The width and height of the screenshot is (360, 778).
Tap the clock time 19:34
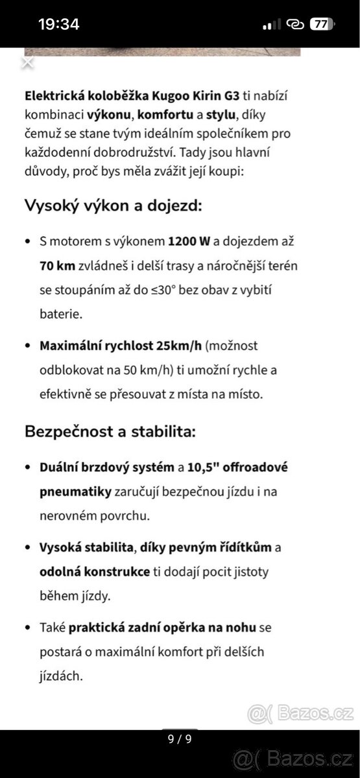58,25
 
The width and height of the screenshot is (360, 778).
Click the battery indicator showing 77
320,25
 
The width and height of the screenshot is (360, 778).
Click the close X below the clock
27,63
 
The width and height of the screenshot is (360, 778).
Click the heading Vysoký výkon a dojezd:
114,206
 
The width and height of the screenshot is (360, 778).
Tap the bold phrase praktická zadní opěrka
150,628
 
